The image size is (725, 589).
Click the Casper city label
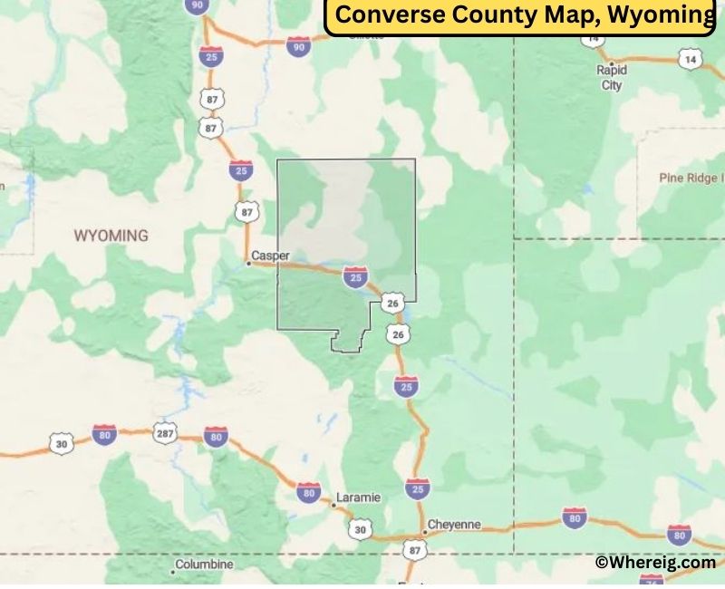(271, 256)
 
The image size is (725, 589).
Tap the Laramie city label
(358, 498)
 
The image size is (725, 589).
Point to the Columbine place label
(204, 564)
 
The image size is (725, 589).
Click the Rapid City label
(612, 77)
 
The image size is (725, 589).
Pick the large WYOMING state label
(111, 236)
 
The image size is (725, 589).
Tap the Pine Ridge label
(692, 178)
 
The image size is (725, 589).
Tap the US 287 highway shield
(165, 431)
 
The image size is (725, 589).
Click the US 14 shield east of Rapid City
(690, 60)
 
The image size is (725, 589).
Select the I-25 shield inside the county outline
(355, 276)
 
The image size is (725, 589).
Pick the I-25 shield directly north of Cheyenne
(417, 488)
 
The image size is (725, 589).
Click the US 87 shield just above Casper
(248, 212)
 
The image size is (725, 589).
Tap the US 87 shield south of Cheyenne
(414, 550)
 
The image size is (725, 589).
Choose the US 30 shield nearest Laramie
(361, 529)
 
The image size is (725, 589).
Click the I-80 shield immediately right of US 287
(215, 437)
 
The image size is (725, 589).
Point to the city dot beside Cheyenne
(422, 531)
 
